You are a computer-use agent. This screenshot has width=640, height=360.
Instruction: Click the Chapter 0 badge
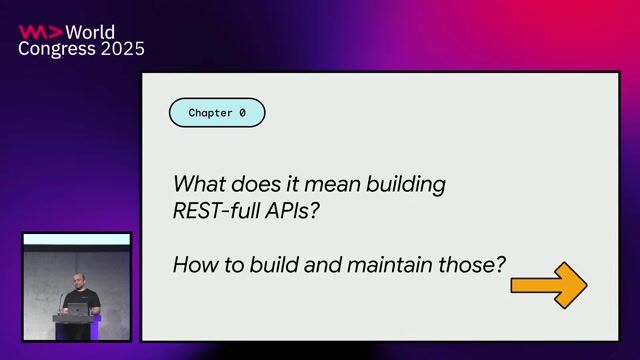point(217,113)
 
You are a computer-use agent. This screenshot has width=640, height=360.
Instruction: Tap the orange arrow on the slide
point(548,285)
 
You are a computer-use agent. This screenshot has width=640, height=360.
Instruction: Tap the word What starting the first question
point(197,185)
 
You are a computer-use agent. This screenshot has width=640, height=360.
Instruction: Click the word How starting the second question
point(193,265)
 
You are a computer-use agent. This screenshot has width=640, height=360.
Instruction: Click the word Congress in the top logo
point(55,48)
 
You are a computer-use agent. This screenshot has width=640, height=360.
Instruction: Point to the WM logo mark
point(39,31)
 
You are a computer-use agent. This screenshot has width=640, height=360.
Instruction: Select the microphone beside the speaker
point(64,299)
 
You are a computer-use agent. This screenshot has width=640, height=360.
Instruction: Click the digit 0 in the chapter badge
point(242,113)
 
